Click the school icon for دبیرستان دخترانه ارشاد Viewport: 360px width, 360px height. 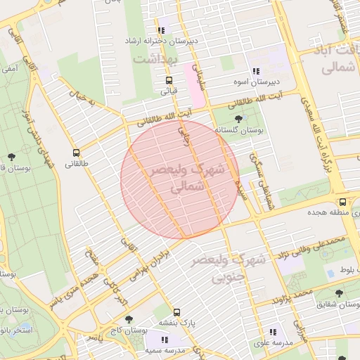[162, 30]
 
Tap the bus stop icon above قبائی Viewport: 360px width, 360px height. [168, 79]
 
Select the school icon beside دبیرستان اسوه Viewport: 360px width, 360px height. [256, 71]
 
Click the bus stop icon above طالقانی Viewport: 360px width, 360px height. [76, 153]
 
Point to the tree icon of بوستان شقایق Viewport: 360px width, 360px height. [340, 293]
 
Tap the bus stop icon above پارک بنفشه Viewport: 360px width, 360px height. [176, 311]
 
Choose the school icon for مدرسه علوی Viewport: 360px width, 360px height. [272, 331]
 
